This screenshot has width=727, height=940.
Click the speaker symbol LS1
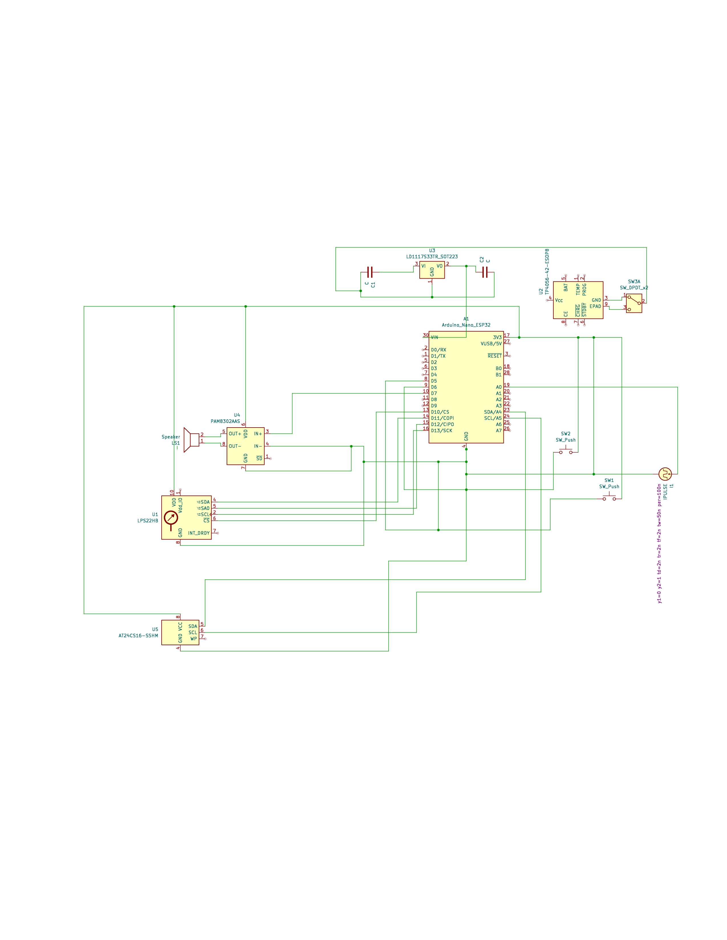[190, 440]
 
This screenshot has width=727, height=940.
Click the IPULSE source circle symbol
[665, 474]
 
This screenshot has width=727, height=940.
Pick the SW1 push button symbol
[609, 498]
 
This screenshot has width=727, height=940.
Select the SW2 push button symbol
[566, 451]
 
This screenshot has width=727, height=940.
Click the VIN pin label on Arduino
[434, 338]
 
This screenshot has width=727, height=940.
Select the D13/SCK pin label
[441, 430]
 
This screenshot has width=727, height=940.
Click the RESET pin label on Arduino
[494, 356]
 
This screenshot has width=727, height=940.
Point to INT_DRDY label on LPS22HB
[198, 533]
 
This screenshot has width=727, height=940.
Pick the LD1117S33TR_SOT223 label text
[432, 257]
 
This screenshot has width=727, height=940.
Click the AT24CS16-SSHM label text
[138, 635]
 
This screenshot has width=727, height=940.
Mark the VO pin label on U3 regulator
[439, 266]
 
